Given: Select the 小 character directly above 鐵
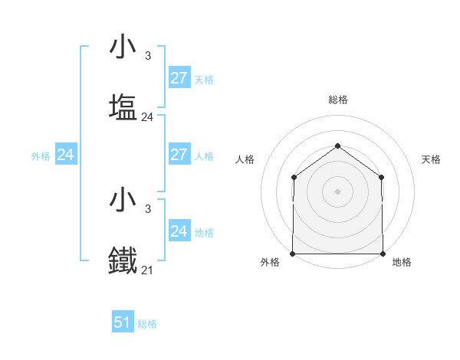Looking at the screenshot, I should [x=123, y=199].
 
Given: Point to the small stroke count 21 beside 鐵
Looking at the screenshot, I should [x=147, y=270].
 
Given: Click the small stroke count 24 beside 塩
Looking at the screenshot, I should [x=147, y=117].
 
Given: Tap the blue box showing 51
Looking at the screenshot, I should [x=123, y=322].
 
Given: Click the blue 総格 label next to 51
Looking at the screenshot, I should [x=147, y=324].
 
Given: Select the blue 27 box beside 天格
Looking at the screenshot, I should [x=179, y=77].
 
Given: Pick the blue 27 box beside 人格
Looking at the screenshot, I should [x=179, y=155].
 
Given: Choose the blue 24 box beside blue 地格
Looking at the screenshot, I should [x=179, y=231].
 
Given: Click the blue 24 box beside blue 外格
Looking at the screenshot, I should [x=66, y=155].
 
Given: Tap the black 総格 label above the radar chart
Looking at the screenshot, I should [x=338, y=100].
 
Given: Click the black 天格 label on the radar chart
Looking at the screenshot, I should [x=432, y=159].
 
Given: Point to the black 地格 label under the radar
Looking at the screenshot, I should [x=402, y=262].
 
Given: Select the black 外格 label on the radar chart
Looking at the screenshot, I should [x=270, y=262].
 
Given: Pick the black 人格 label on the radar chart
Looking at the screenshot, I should [x=245, y=159].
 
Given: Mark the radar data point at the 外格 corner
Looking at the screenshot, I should [x=293, y=254].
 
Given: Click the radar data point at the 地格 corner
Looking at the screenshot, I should [x=383, y=254].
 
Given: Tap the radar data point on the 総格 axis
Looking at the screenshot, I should [x=337, y=146].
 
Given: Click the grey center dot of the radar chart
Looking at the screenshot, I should [x=337, y=191].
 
